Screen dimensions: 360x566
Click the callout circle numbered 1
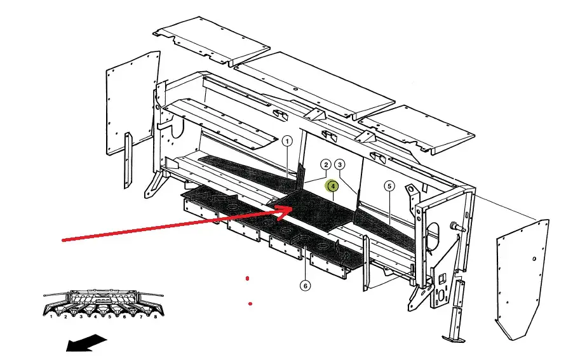tap(287, 142)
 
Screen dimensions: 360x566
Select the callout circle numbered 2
tap(325, 165)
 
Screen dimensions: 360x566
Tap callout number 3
tap(340, 165)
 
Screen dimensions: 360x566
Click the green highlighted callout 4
tap(332, 185)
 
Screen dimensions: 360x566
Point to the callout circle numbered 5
tap(389, 186)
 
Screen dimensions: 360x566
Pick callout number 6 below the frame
tap(306, 286)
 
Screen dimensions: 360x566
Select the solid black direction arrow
tap(86, 343)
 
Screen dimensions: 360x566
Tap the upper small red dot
tap(247, 278)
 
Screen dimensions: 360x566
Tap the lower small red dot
tap(251, 304)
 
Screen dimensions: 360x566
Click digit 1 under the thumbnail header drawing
tap(51, 316)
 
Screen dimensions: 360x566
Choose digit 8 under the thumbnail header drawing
tap(154, 316)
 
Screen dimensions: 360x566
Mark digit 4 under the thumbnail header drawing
tap(95, 316)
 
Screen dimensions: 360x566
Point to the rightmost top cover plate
tap(419, 127)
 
